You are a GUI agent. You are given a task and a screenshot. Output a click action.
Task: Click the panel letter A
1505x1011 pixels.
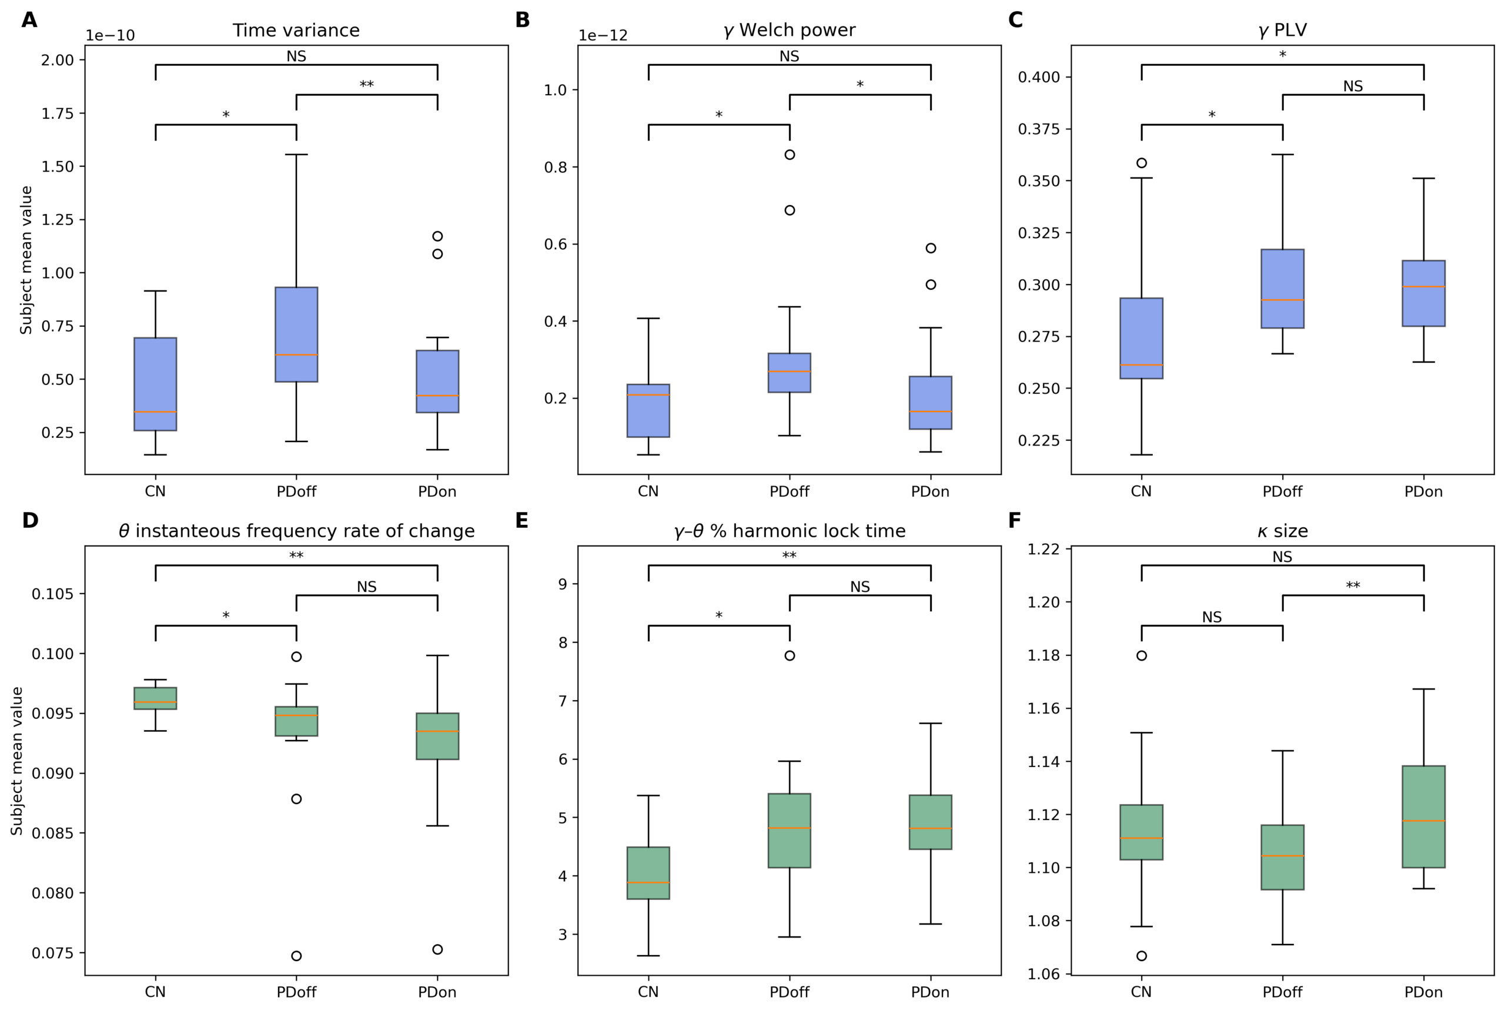29,20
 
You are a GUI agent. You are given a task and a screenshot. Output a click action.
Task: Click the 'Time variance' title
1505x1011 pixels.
296,31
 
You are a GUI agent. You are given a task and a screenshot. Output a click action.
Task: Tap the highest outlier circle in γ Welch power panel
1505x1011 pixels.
790,155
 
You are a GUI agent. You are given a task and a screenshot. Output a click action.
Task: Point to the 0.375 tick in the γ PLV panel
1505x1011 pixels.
1038,129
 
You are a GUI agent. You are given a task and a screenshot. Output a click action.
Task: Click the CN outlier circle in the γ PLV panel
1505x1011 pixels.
1141,163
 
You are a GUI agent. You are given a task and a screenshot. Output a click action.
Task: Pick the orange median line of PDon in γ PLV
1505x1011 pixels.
1423,287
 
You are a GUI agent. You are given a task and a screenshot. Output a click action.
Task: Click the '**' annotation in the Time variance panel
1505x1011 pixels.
366,85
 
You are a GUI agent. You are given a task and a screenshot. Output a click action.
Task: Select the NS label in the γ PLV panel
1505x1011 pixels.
1352,86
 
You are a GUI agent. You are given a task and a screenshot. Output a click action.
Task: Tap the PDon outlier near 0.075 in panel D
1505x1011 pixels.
437,949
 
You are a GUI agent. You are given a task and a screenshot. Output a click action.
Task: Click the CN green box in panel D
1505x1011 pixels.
155,698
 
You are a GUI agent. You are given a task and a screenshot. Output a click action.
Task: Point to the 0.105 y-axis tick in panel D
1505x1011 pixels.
52,593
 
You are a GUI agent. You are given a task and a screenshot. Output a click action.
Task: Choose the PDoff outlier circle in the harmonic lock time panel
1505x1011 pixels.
790,656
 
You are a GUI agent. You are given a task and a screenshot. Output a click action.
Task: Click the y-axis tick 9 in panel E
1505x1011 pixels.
562,584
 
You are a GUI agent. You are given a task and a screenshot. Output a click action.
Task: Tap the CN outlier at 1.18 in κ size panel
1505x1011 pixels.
1141,656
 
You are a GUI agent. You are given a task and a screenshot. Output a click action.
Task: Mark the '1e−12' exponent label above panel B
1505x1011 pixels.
603,35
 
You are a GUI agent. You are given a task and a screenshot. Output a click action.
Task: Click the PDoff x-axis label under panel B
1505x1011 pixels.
790,491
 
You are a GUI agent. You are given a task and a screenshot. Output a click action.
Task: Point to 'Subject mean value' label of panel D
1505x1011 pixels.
17,761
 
